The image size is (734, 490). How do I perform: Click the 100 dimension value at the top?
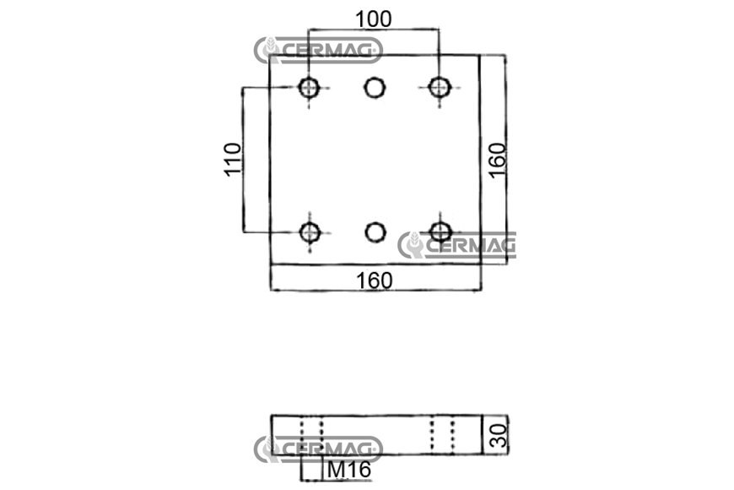[x=374, y=19]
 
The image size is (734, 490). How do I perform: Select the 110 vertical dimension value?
[x=233, y=160]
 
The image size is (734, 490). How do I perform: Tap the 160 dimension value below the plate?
[x=375, y=280]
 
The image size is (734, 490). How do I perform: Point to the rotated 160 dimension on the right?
[x=498, y=160]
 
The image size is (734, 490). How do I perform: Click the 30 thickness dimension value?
[x=498, y=435]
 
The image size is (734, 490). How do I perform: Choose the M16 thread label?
[x=349, y=470]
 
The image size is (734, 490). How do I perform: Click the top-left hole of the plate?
[x=309, y=87]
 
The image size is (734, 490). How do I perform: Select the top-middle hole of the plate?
[x=375, y=87]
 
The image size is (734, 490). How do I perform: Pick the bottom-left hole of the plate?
[x=310, y=232]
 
